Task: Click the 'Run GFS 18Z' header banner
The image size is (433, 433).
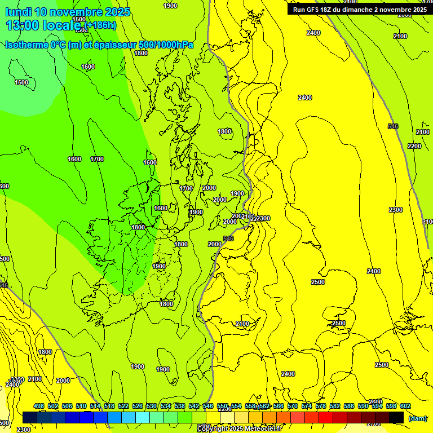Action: click(x=359, y=10)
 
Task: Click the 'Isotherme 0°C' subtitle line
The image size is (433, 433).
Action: click(x=99, y=45)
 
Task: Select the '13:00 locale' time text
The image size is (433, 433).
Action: click(x=45, y=25)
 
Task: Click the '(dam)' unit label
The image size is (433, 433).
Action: click(x=418, y=418)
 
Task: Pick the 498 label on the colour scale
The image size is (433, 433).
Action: click(x=39, y=406)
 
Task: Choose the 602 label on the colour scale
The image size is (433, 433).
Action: click(x=405, y=406)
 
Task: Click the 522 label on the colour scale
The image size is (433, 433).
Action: click(x=123, y=406)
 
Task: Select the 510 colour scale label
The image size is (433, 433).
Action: click(x=81, y=406)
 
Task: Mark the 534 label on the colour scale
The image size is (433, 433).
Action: click(x=166, y=406)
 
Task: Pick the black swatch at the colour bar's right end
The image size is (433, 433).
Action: click(x=396, y=418)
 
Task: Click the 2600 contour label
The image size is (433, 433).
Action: click(x=375, y=402)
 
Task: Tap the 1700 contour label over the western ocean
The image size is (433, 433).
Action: click(x=97, y=159)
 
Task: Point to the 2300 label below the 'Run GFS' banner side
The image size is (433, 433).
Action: click(x=396, y=210)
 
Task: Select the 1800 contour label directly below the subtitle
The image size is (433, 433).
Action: click(x=141, y=54)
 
